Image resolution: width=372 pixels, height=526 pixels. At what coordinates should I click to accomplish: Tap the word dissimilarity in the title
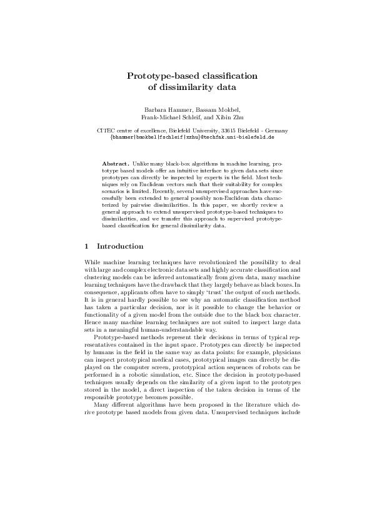(187, 88)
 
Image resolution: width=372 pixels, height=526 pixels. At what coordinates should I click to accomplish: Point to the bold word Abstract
(114, 162)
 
